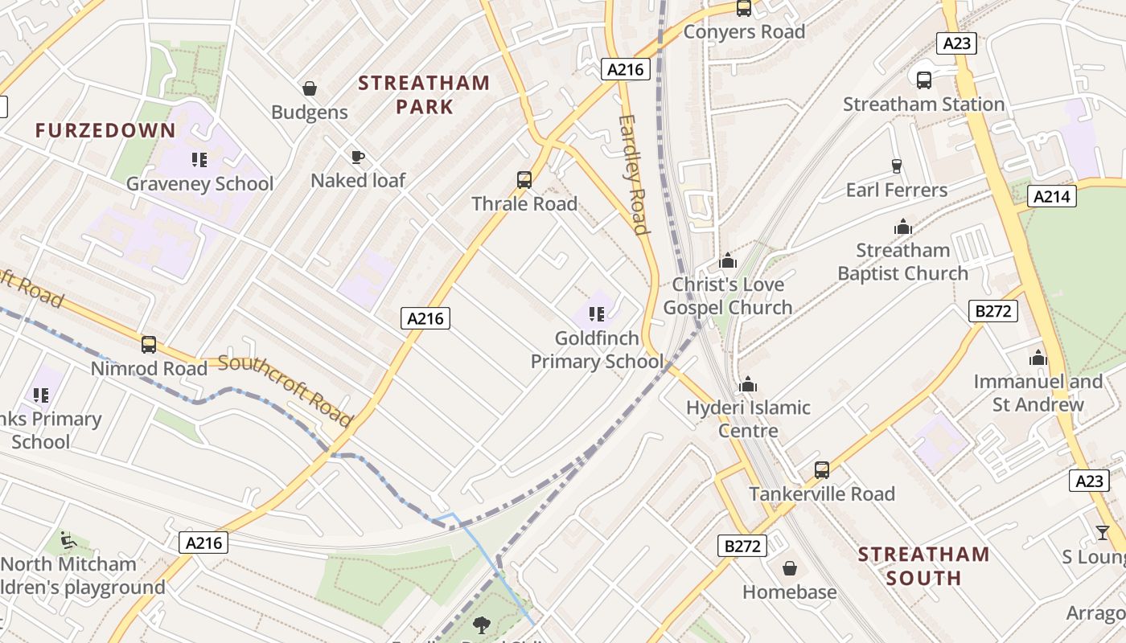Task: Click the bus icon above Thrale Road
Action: pyautogui.click(x=524, y=179)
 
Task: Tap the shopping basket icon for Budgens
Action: pyautogui.click(x=310, y=88)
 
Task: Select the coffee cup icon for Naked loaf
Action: pyautogui.click(x=358, y=156)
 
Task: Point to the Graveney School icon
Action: pyautogui.click(x=199, y=159)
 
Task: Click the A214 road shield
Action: pyautogui.click(x=1053, y=196)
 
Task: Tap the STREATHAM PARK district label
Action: pyautogui.click(x=424, y=94)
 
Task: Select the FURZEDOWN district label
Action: pyautogui.click(x=105, y=130)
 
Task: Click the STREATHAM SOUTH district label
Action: pyautogui.click(x=923, y=566)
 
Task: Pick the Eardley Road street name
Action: pyautogui.click(x=634, y=174)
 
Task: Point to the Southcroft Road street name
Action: pyautogui.click(x=286, y=390)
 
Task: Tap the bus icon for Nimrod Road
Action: pyautogui.click(x=149, y=344)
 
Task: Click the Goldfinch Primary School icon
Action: pyautogui.click(x=596, y=313)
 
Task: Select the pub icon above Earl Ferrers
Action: pyautogui.click(x=897, y=166)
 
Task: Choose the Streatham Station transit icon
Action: pyautogui.click(x=923, y=80)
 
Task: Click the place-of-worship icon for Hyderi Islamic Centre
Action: pyautogui.click(x=748, y=383)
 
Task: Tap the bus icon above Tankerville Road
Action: pyautogui.click(x=821, y=469)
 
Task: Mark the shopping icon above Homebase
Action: pyautogui.click(x=790, y=568)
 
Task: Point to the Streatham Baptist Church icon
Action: pyautogui.click(x=902, y=227)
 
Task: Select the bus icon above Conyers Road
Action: pyautogui.click(x=744, y=8)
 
